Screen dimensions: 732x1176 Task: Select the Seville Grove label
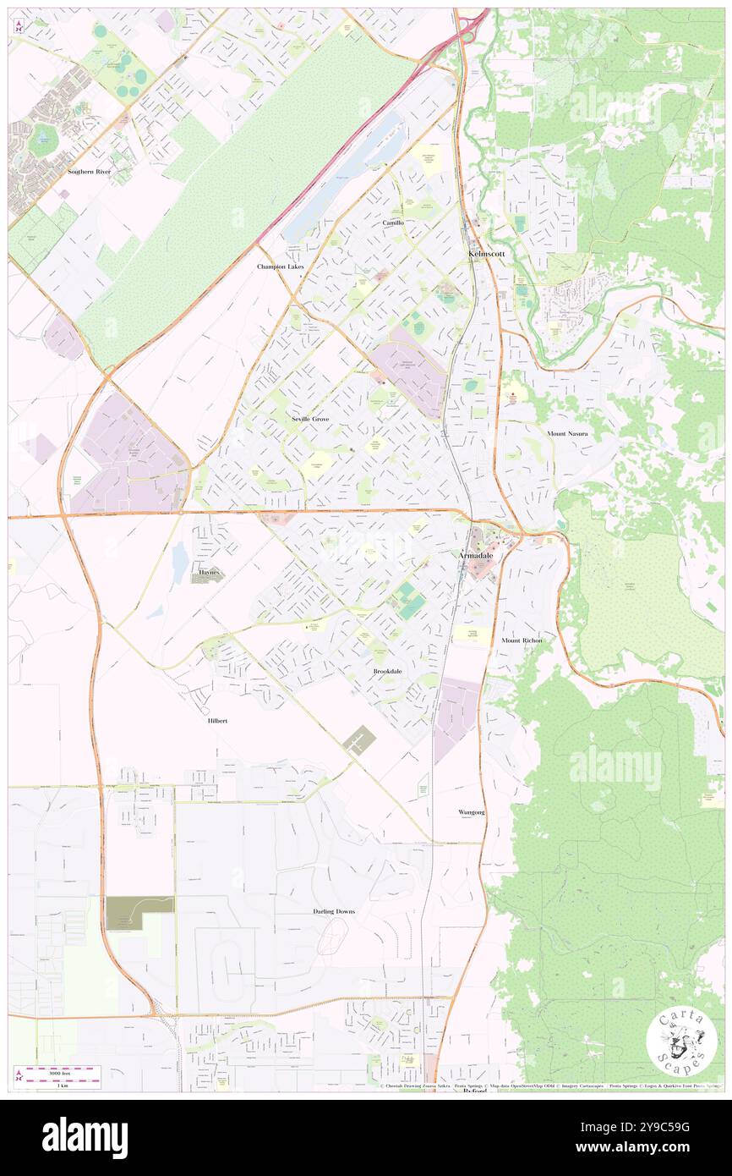(x=310, y=419)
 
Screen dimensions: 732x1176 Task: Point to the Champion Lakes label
(x=280, y=266)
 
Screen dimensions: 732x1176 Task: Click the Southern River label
(x=89, y=172)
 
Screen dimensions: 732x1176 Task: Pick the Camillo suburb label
(x=392, y=222)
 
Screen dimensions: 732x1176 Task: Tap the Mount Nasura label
(x=566, y=433)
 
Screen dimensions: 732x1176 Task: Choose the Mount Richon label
(x=521, y=640)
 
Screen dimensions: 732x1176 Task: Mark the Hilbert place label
(x=217, y=721)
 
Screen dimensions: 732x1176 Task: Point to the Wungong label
(x=472, y=812)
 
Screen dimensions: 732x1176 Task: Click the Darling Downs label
(x=328, y=911)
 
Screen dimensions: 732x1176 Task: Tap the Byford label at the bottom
(x=475, y=1091)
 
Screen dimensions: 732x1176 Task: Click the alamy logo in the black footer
(x=85, y=1137)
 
